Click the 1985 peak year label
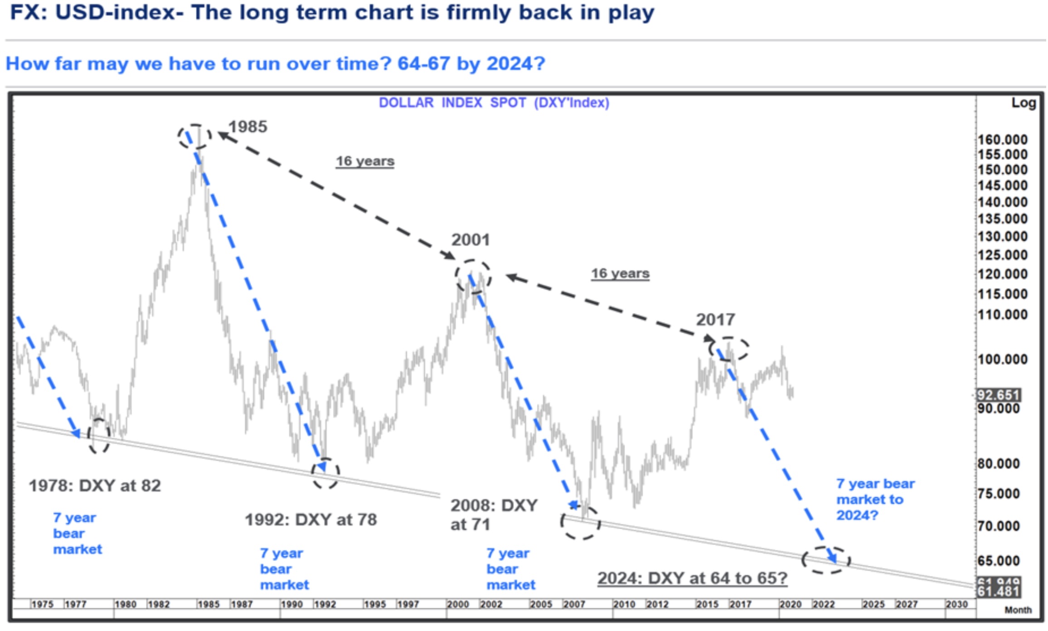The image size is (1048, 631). (247, 126)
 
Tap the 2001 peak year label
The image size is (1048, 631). (471, 239)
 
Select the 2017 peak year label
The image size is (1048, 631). (715, 320)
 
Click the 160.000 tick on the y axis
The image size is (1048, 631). (1002, 139)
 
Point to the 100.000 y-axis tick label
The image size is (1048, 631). (1002, 359)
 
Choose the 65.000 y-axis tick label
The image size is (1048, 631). (999, 561)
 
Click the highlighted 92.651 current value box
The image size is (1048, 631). (998, 395)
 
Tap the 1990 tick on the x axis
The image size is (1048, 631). (291, 604)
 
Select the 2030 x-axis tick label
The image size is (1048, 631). (956, 604)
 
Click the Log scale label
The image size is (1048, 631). (1024, 103)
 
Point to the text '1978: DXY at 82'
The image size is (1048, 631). (95, 485)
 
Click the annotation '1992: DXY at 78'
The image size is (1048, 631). (311, 519)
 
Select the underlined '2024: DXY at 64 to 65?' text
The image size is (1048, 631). (692, 578)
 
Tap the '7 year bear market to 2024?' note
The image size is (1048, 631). (875, 499)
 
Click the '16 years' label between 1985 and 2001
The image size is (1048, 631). (365, 161)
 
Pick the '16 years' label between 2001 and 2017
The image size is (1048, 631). (620, 273)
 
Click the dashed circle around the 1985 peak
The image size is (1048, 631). (194, 136)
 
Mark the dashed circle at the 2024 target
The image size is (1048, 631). (826, 560)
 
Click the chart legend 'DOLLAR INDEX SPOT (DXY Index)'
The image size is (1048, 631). (494, 103)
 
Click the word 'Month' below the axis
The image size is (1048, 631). (1018, 610)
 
